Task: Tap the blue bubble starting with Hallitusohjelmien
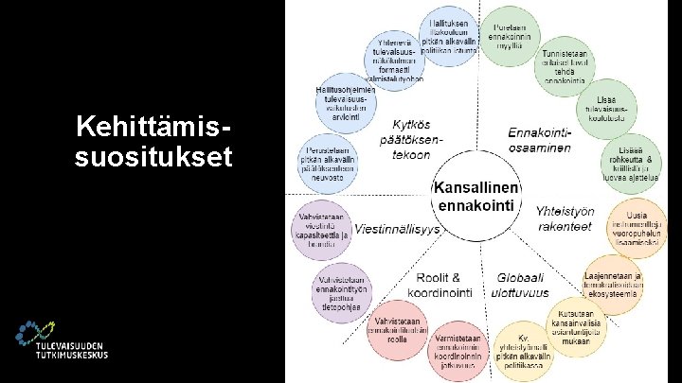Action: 344,99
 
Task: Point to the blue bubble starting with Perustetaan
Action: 328,160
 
